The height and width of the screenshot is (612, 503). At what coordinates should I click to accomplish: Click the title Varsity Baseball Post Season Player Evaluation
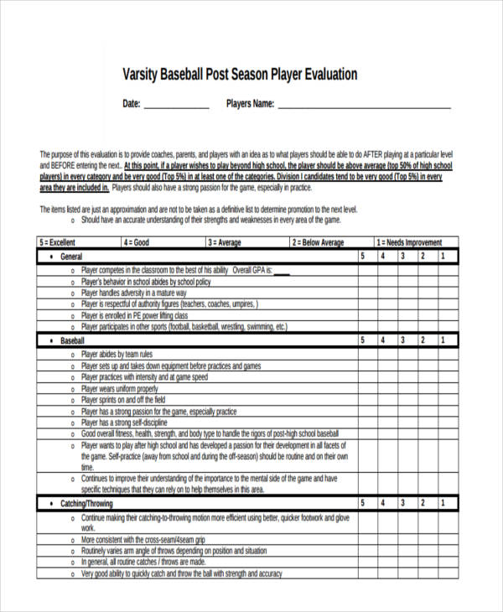(240, 75)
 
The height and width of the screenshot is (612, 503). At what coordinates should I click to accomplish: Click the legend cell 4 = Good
(137, 243)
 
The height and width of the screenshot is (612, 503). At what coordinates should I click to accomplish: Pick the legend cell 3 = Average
(225, 243)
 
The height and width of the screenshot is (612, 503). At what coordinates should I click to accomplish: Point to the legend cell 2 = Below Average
(318, 243)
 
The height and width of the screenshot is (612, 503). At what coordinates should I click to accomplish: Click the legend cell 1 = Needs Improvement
(408, 243)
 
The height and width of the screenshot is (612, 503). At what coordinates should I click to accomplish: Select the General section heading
(71, 257)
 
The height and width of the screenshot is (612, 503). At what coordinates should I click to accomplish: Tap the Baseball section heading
(73, 341)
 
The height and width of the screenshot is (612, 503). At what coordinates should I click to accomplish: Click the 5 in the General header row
(362, 257)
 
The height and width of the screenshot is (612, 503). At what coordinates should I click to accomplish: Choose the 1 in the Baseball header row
(443, 341)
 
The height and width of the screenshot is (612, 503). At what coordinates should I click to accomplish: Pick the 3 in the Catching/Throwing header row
(402, 503)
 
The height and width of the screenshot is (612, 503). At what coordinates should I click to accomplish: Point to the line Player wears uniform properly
(119, 389)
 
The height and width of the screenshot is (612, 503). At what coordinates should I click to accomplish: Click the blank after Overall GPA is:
(281, 271)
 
